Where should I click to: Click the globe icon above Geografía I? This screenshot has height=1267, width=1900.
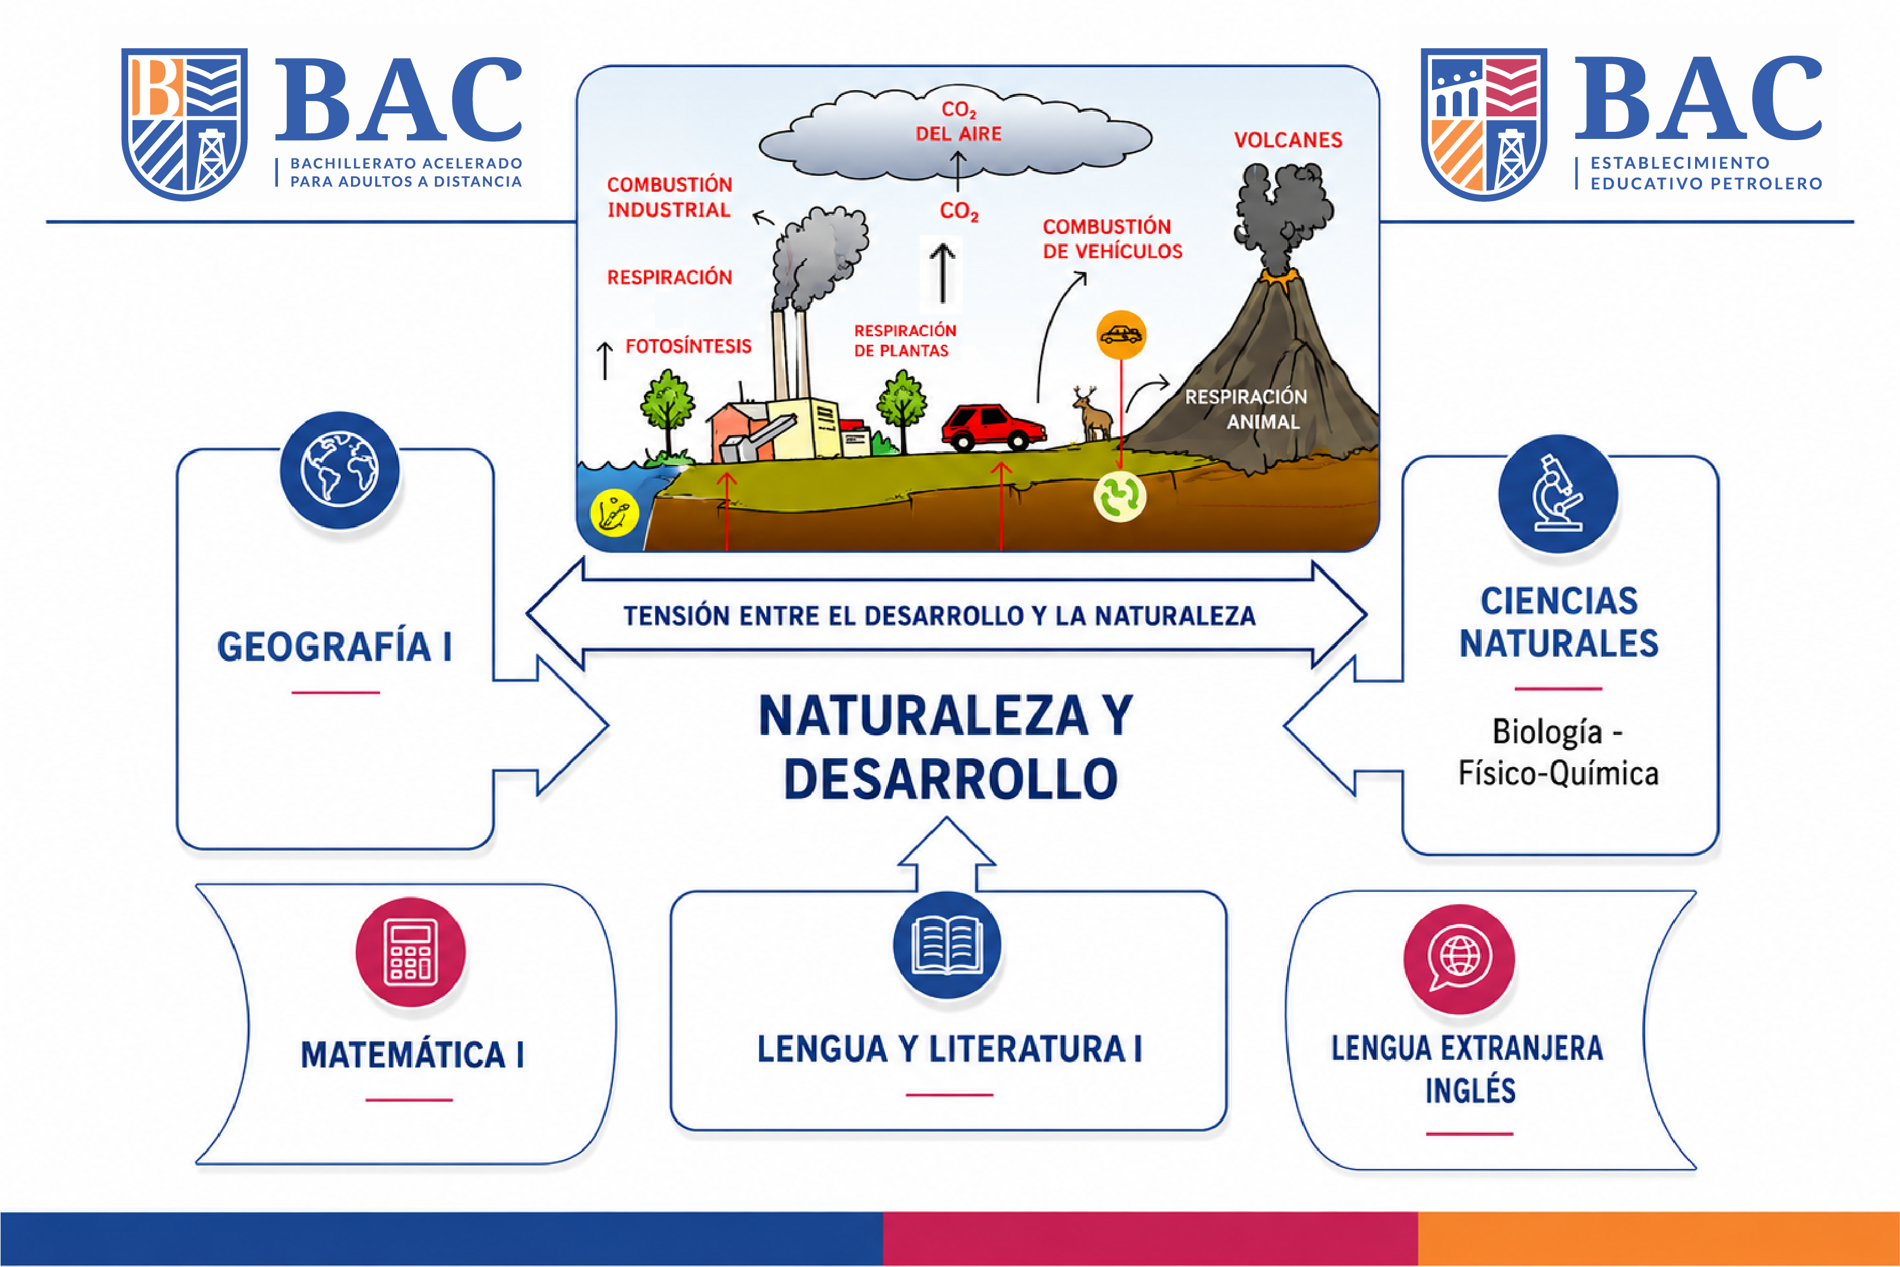[x=339, y=470]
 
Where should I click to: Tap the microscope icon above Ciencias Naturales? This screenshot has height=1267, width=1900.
[x=1557, y=494]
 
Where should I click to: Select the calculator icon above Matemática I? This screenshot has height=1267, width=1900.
[x=410, y=951]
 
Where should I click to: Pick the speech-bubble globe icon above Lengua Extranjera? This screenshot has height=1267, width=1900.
[x=1459, y=958]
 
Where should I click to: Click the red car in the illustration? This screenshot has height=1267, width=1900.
[x=993, y=427]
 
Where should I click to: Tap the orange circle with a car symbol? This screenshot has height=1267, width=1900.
[x=1121, y=334]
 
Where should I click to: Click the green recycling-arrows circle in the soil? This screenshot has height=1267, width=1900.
[x=1120, y=496]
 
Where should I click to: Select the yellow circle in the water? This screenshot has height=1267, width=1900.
[x=614, y=512]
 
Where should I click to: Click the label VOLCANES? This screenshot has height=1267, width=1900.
[x=1288, y=140]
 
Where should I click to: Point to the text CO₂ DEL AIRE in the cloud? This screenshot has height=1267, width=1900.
[x=959, y=121]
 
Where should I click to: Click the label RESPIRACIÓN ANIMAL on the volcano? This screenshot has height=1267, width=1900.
[x=1246, y=409]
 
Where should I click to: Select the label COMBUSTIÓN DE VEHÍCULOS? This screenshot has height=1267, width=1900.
[x=1112, y=238]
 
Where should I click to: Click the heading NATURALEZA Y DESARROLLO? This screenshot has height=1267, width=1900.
[x=948, y=747]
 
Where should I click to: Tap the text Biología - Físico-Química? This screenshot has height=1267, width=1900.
[x=1558, y=752]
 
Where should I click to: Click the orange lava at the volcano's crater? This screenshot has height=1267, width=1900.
[x=1277, y=277]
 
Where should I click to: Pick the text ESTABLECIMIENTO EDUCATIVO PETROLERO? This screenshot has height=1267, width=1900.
[x=1706, y=173]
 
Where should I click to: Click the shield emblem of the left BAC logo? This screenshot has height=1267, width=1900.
[x=184, y=123]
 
